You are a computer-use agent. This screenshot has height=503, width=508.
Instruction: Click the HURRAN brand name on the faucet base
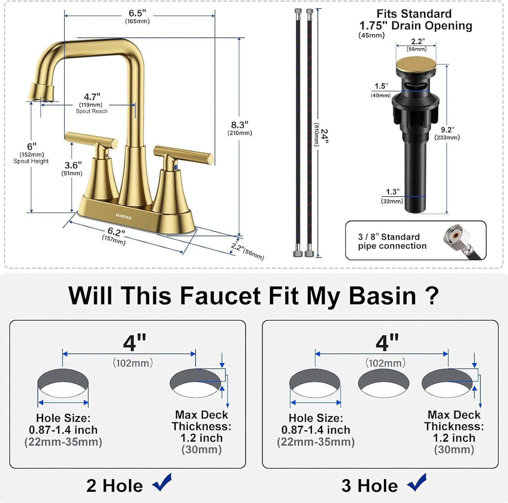[123, 217]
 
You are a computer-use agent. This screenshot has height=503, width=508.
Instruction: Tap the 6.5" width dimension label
[137, 14]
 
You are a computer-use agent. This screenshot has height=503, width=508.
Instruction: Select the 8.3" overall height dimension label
[239, 125]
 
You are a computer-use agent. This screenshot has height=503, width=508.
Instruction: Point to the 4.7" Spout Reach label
[92, 98]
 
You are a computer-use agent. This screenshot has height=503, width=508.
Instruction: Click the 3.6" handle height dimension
[73, 165]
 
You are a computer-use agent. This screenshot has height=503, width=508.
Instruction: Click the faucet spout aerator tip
[42, 93]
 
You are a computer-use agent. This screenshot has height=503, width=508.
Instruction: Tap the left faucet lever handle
[91, 139]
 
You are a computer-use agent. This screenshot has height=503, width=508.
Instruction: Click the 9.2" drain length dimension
[447, 130]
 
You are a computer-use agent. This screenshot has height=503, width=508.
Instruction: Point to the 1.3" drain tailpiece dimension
[392, 192]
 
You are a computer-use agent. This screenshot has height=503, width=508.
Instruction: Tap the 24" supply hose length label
[324, 136]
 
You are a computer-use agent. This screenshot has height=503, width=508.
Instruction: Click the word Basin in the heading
[382, 296]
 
